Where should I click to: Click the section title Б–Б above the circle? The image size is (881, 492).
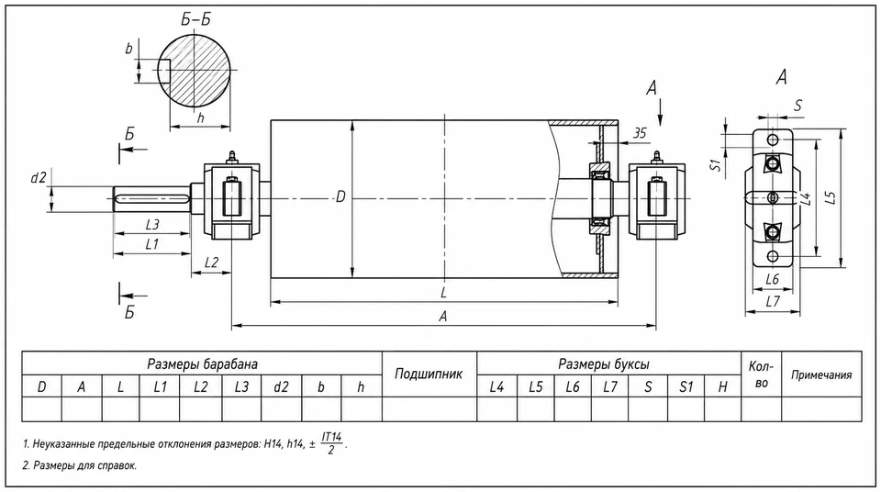[x=195, y=19]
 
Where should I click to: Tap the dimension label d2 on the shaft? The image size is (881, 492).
[x=39, y=178]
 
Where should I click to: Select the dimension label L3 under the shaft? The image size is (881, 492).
[x=152, y=224]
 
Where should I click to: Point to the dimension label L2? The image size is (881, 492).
[x=211, y=263]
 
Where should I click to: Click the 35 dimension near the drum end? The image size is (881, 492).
[x=640, y=133]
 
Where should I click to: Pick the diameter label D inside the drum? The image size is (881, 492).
[x=340, y=197]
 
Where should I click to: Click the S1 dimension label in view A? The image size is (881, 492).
[x=715, y=164]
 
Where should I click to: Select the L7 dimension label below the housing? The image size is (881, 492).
[x=773, y=302]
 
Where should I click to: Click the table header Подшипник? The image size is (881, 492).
[x=429, y=374]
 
